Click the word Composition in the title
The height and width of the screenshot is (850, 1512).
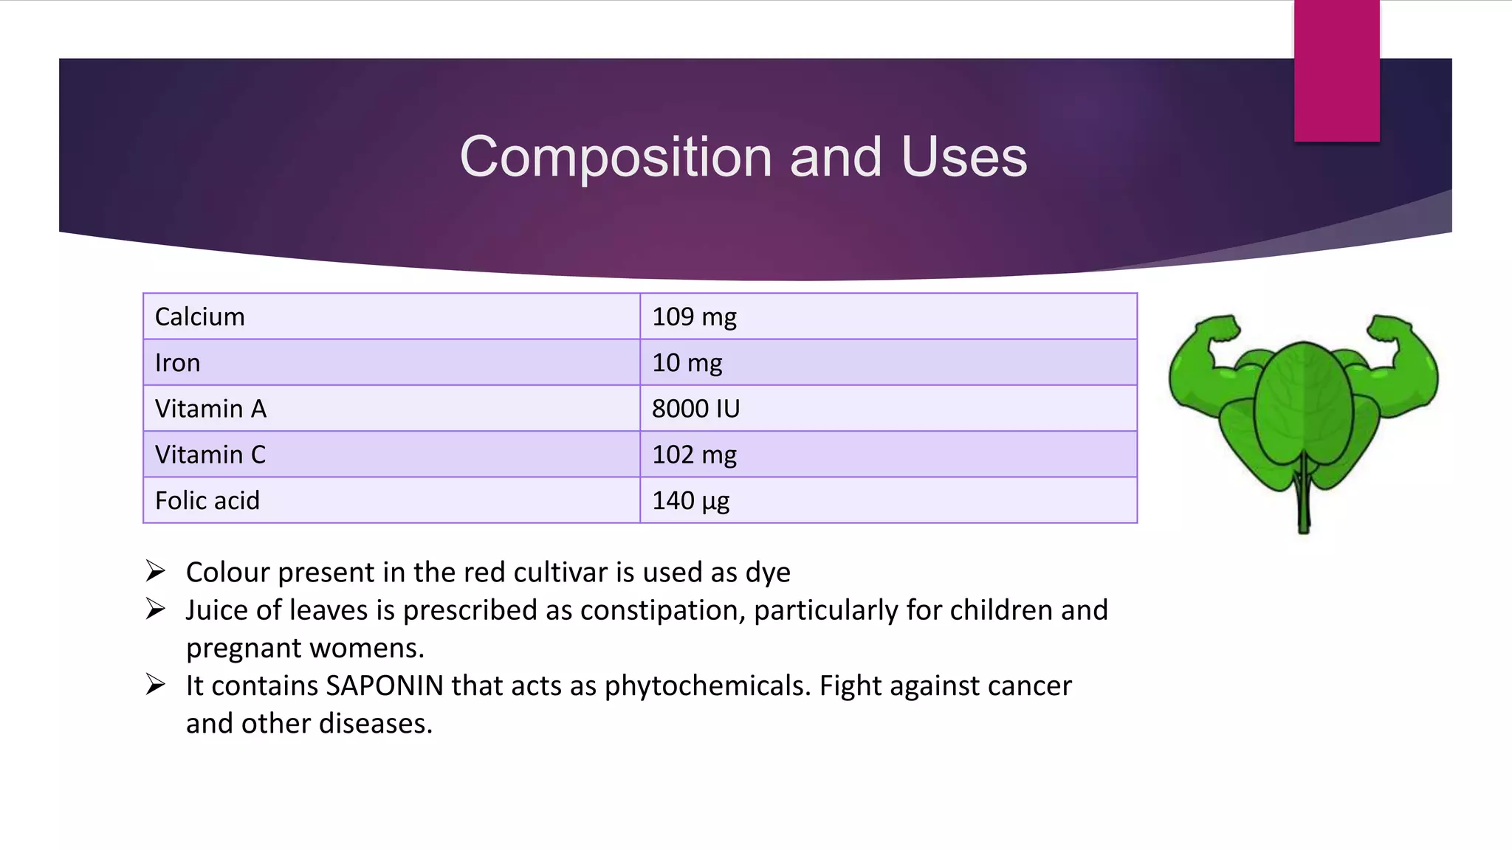tap(616, 158)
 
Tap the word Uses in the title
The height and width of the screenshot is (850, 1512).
tap(963, 156)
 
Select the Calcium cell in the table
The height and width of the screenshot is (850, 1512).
tap(391, 317)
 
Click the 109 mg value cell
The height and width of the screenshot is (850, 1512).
tap(888, 317)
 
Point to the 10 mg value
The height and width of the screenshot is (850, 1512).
tap(687, 363)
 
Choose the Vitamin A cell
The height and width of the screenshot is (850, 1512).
tap(391, 409)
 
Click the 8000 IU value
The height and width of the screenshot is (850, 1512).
tap(695, 409)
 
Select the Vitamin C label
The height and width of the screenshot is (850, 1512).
tap(210, 455)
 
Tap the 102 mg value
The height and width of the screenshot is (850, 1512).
tap(694, 455)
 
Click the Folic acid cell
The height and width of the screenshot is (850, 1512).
tap(391, 500)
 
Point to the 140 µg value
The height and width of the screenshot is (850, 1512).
tap(690, 501)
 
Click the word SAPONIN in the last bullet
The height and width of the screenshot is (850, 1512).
tap(385, 685)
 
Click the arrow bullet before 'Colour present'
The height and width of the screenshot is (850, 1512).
tap(155, 571)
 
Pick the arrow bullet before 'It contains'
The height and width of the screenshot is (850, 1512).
tap(155, 685)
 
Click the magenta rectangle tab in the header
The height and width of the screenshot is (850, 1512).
tap(1336, 71)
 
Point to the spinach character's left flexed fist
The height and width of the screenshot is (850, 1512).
tap(1217, 329)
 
